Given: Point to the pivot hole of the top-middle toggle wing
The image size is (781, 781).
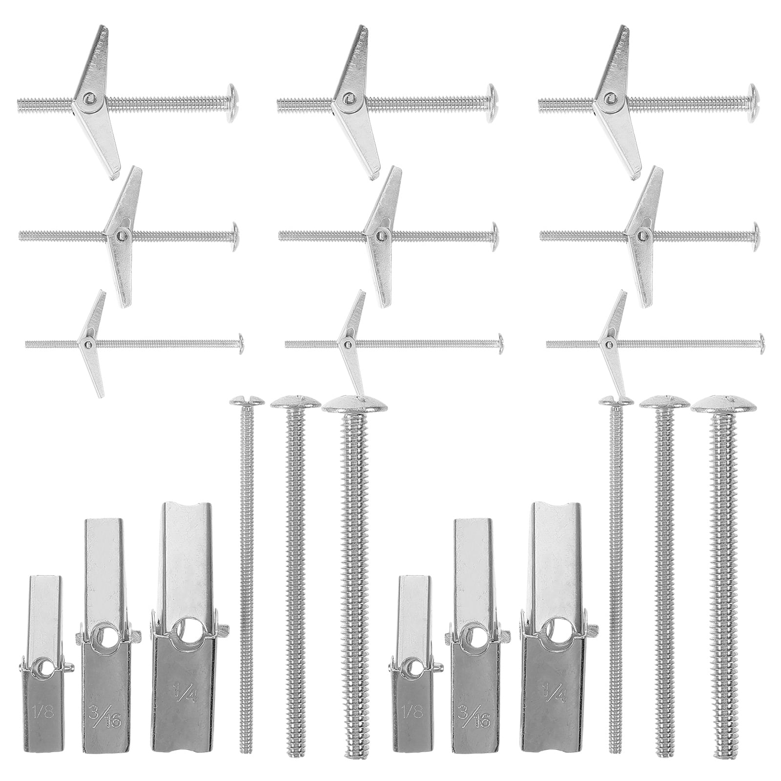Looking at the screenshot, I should (347, 97).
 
